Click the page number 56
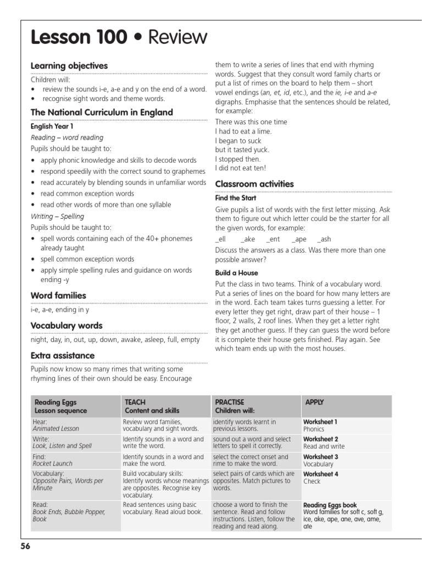tap(26, 546)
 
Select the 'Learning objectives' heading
tap(69, 66)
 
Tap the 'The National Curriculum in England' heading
tap(102, 112)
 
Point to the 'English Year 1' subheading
tap(49, 126)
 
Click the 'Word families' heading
tap(58, 296)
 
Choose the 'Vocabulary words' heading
tap(66, 325)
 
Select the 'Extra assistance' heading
tap(63, 355)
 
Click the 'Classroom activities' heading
tap(254, 184)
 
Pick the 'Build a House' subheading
tap(236, 273)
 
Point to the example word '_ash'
tap(324, 239)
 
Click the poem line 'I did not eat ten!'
tap(240, 168)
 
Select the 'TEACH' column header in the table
tap(135, 402)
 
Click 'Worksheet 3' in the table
tap(321, 457)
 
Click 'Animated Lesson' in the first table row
tap(56, 429)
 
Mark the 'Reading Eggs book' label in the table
tap(330, 505)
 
